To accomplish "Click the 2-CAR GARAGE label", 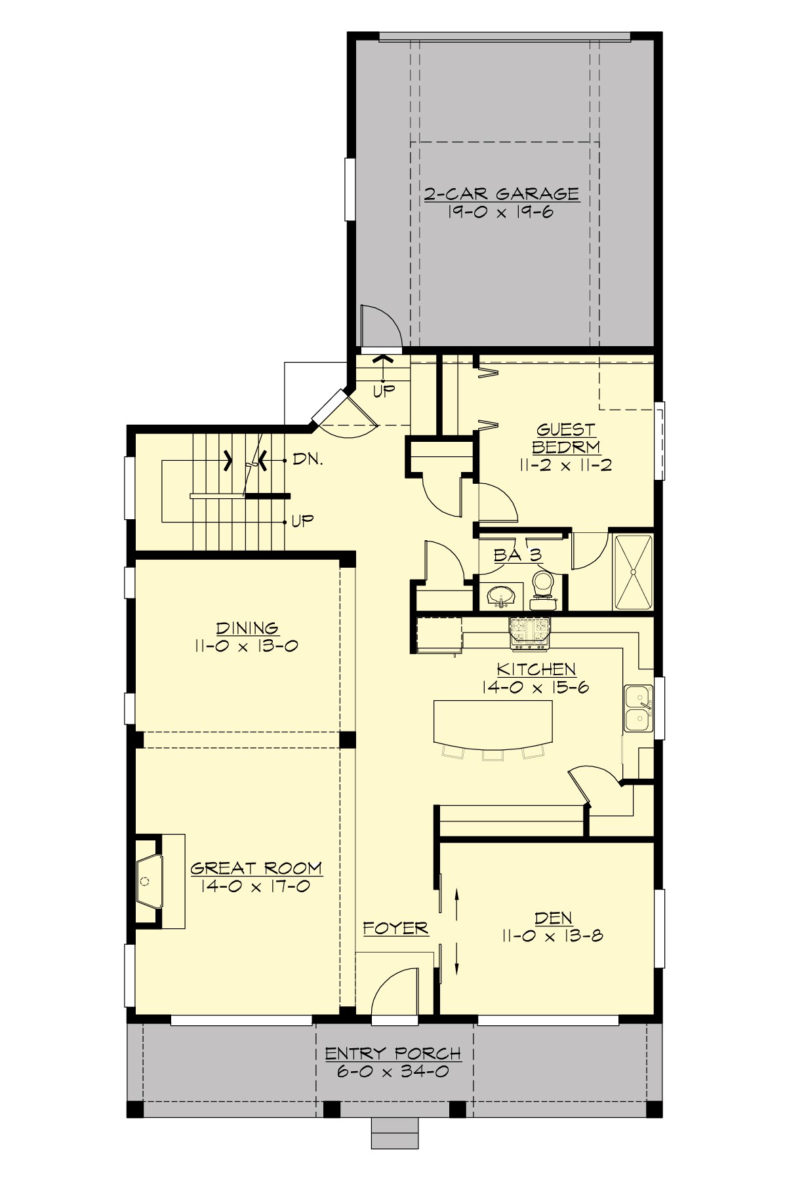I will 501,194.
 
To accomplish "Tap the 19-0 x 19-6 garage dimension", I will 501,212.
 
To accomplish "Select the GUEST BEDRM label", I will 565,439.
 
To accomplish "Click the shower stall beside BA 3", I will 634,572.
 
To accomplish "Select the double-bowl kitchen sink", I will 637,708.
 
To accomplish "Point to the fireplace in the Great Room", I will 149,880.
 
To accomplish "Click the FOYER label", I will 395,928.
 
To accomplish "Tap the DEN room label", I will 553,918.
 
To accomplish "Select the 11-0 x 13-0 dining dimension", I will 246,646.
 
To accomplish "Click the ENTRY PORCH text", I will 393,1053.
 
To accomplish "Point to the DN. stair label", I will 308,460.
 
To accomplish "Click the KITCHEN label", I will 536,669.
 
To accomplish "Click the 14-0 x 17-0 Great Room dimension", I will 256,886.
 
